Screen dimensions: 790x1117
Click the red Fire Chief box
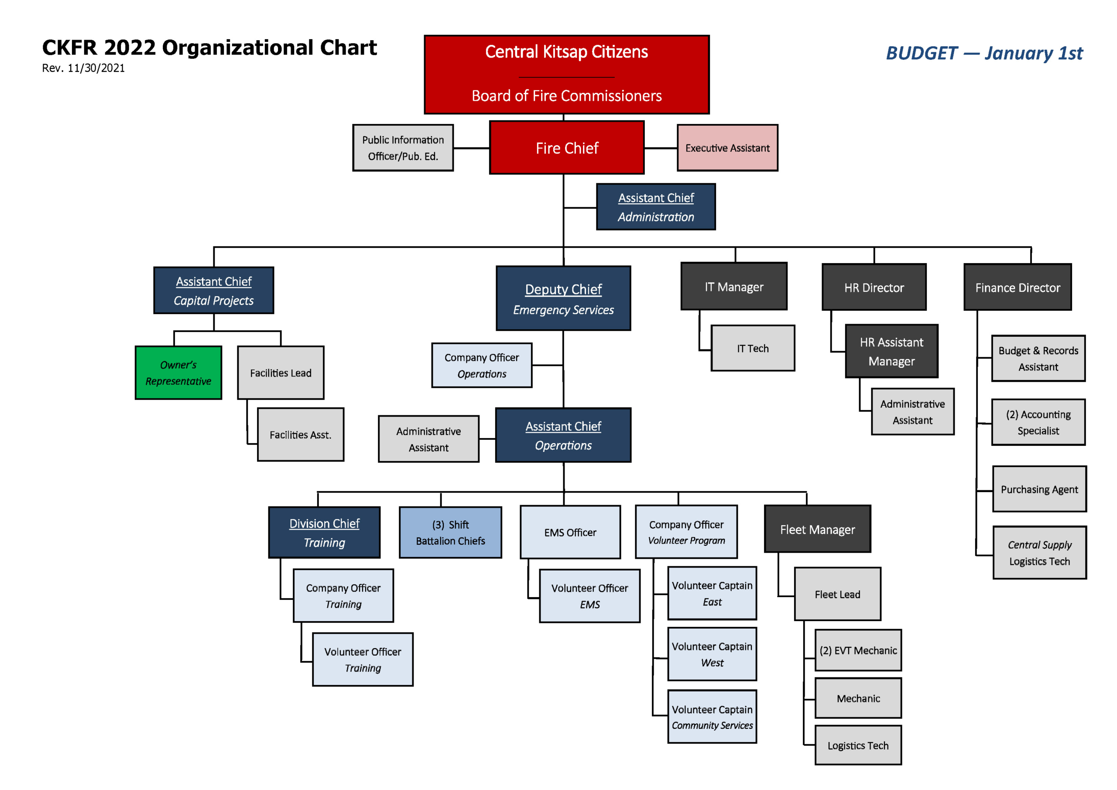567,148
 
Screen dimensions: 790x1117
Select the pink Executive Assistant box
727,148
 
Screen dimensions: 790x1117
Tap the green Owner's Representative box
178,373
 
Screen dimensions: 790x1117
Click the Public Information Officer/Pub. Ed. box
403,148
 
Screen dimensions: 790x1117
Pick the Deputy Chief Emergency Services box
563,299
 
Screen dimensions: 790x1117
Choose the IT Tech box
753,348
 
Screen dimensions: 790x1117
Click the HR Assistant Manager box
891,351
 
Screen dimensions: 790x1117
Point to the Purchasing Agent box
1039,489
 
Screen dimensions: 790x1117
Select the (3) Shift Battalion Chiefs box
450,533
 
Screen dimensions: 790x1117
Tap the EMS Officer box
570,533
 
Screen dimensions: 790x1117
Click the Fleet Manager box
817,529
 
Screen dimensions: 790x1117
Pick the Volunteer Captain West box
712,654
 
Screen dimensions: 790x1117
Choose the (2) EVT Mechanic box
858,650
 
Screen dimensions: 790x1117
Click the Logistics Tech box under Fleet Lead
858,745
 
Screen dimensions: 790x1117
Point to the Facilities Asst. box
300,435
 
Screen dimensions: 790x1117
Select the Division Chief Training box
324,533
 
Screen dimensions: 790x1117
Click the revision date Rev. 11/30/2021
83,68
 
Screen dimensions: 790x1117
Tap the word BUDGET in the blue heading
922,54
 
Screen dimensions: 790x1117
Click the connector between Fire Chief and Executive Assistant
661,148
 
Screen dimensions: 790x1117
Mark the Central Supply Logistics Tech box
1039,553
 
